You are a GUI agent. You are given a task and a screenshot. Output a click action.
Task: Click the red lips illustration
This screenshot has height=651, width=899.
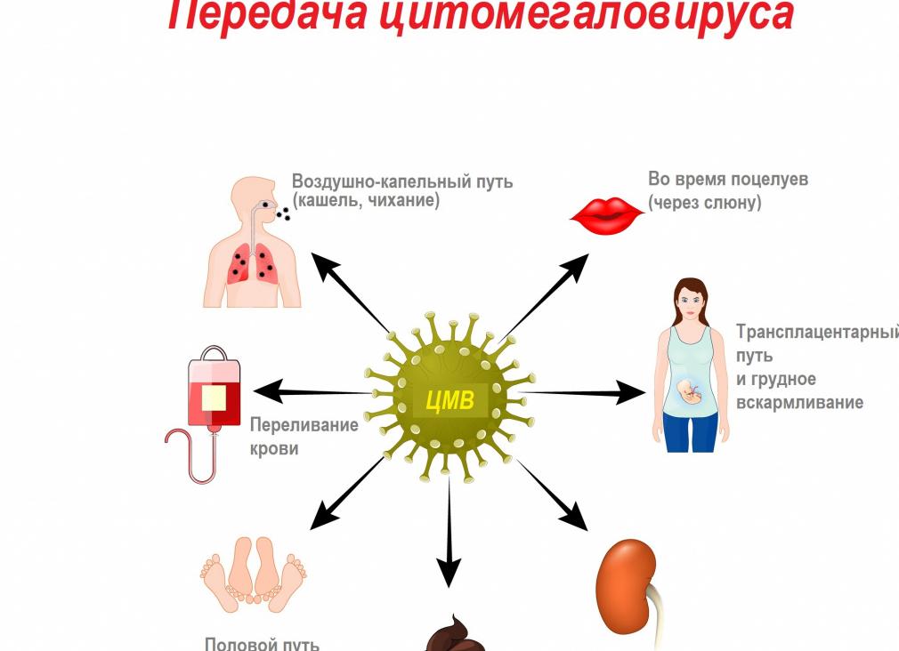pyautogui.click(x=606, y=214)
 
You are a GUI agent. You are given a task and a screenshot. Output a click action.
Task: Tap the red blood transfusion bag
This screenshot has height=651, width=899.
pyautogui.click(x=214, y=391)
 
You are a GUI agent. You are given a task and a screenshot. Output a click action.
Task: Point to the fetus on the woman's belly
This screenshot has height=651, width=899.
pyautogui.click(x=690, y=391)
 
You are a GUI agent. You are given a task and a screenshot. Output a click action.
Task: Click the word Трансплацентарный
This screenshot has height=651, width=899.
pyautogui.click(x=816, y=333)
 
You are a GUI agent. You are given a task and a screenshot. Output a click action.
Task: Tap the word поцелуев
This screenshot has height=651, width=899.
pyautogui.click(x=768, y=179)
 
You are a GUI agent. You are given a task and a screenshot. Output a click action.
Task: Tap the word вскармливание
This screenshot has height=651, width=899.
pyautogui.click(x=799, y=403)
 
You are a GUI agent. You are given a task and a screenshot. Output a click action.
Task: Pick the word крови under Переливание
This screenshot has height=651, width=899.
pyautogui.click(x=274, y=449)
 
